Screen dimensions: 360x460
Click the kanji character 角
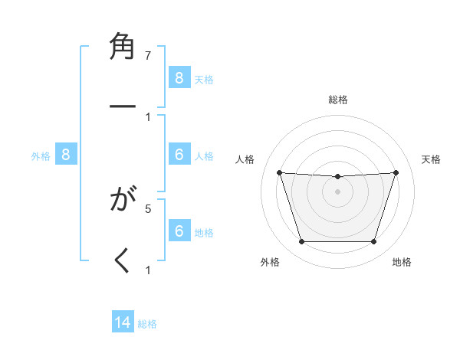pyautogui.click(x=123, y=47)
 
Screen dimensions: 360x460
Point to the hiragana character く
pyautogui.click(x=123, y=260)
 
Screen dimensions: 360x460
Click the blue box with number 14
pyautogui.click(x=123, y=322)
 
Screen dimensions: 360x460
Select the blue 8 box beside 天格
pyautogui.click(x=179, y=77)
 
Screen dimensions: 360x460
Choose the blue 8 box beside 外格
pyautogui.click(x=66, y=155)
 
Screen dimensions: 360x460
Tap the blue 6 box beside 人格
pyautogui.click(x=179, y=155)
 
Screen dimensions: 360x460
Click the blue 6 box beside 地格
pyautogui.click(x=179, y=231)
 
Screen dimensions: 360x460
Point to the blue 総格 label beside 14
pyautogui.click(x=147, y=324)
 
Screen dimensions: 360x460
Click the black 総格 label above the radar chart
pyautogui.click(x=337, y=100)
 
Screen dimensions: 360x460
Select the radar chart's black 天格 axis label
pyautogui.click(x=432, y=159)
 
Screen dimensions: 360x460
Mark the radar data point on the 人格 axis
pyautogui.click(x=279, y=172)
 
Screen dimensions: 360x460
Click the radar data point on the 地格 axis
pyautogui.click(x=373, y=242)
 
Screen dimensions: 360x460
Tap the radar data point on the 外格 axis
pyautogui.click(x=301, y=242)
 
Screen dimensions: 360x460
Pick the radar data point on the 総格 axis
pyautogui.click(x=337, y=177)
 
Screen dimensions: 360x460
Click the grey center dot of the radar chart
pyautogui.click(x=337, y=191)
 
